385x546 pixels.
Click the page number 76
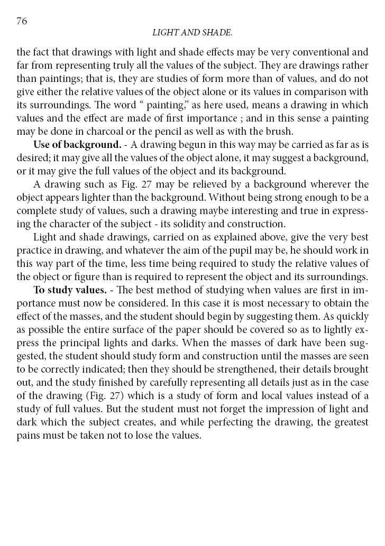pos(22,21)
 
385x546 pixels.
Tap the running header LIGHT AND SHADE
pos(192,33)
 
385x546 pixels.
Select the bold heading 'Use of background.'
pos(77,144)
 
